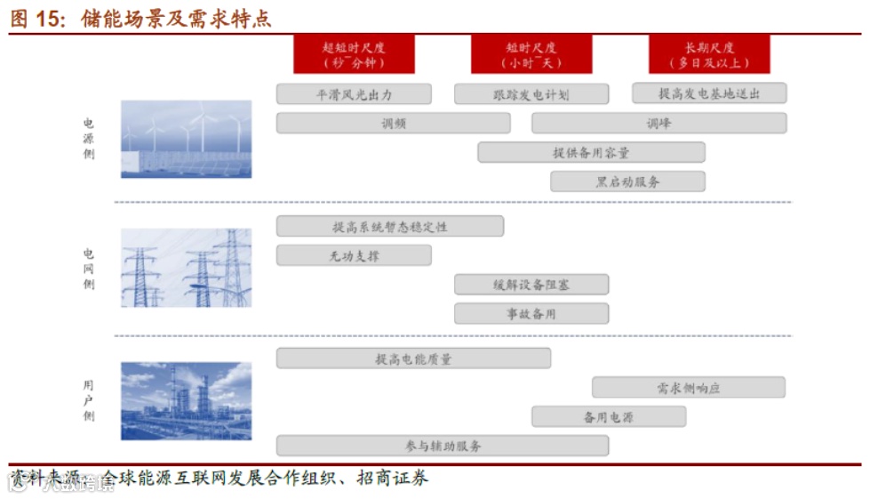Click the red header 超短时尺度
354,54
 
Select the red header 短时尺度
531,54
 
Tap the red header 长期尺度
709,54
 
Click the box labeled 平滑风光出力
354,94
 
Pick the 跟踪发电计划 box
531,94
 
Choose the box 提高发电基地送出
709,93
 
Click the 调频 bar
393,124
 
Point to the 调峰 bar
658,124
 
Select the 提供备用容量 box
591,153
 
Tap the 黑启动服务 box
627,181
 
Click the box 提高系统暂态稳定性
389,227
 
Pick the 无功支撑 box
354,256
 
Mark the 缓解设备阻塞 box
531,285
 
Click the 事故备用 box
531,313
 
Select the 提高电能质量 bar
413,358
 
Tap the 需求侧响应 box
689,388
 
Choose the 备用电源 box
609,416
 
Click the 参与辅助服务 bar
443,446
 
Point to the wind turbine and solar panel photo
186,139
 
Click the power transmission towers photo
186,268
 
